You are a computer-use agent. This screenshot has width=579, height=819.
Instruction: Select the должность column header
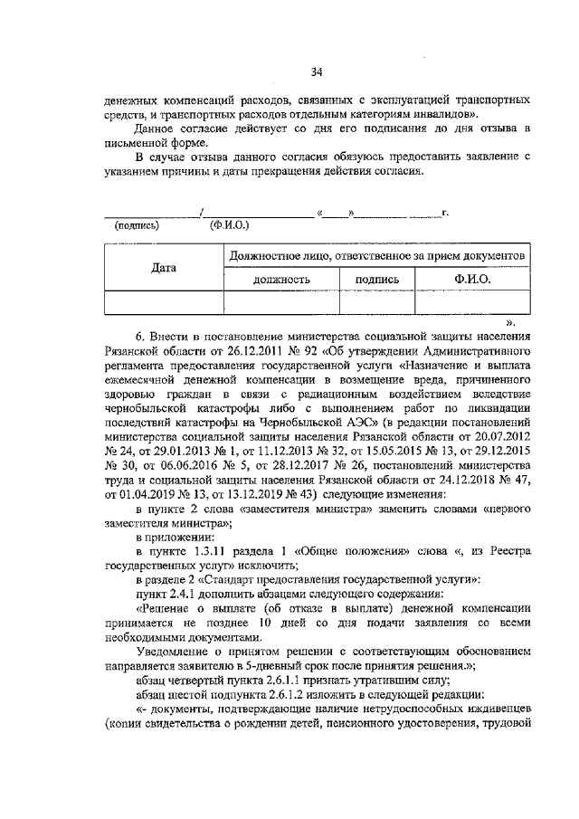click(x=280, y=281)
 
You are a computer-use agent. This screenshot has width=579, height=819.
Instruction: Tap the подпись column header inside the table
click(x=376, y=281)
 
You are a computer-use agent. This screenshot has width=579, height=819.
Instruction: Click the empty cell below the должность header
click(x=280, y=302)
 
